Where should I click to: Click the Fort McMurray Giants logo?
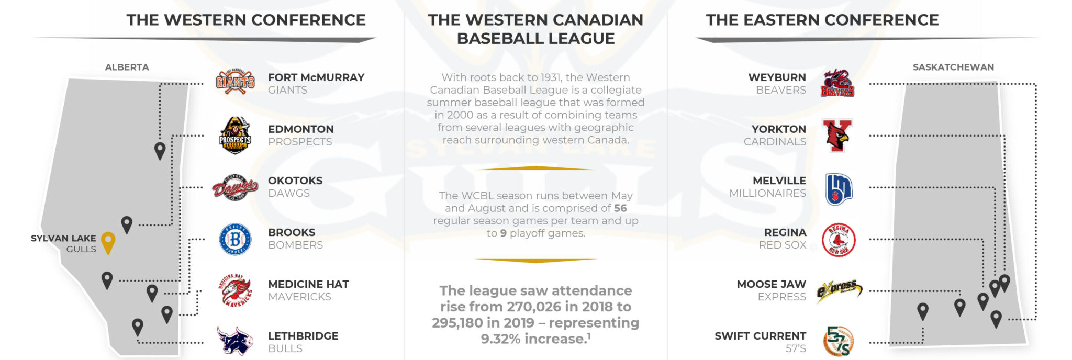235,82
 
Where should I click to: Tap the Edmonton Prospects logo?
235,135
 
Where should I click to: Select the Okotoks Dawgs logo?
235,187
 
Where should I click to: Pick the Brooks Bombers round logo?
235,239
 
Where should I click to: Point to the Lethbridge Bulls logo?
235,341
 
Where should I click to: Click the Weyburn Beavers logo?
837,83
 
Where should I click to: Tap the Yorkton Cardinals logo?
837,135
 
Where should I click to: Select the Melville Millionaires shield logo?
839,189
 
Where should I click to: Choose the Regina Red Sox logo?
839,240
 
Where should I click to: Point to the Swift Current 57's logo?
839,341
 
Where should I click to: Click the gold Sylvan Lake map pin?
108,243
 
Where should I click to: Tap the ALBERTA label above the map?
127,67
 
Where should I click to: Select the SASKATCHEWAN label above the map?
953,67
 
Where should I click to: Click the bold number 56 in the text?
620,208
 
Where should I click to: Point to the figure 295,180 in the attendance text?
463,323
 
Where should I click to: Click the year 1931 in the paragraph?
550,77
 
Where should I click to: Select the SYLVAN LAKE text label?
63,238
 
